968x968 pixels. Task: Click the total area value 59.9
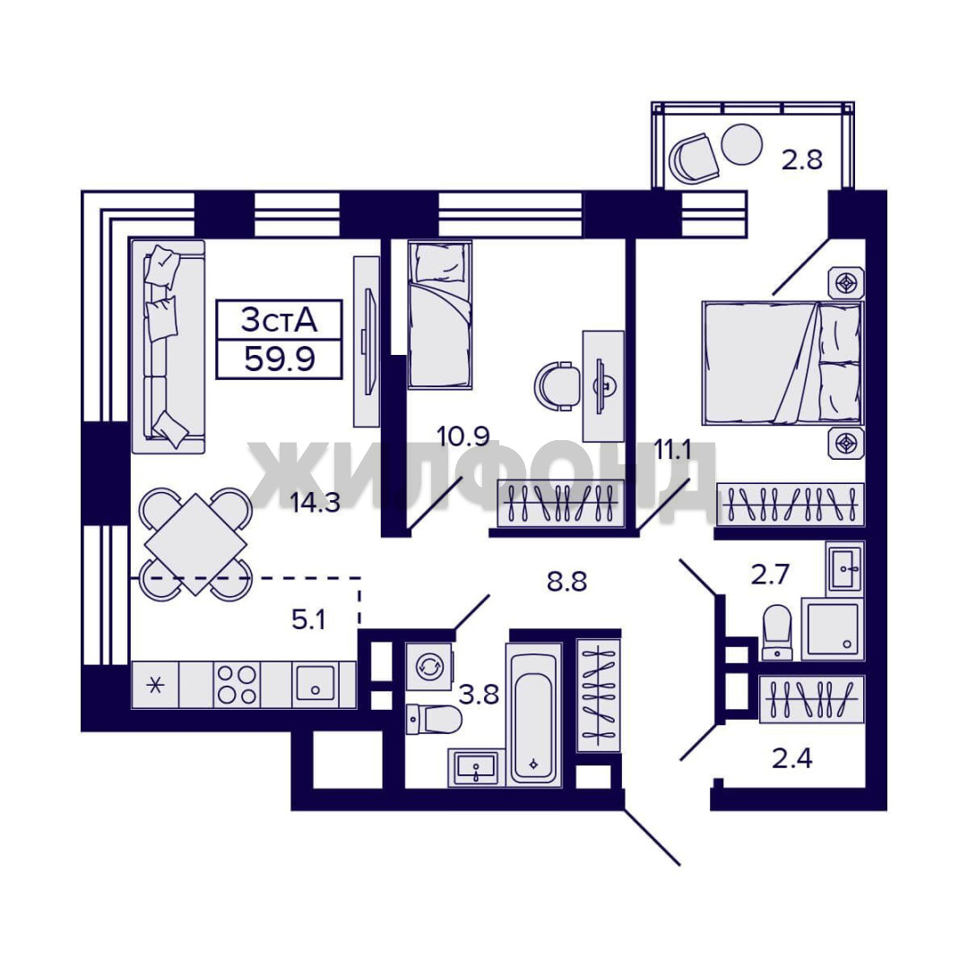280,359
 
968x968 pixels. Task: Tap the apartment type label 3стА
279,320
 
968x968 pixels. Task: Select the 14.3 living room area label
315,503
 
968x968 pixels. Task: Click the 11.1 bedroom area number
672,451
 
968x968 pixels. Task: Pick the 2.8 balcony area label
802,160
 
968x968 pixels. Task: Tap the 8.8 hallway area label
566,582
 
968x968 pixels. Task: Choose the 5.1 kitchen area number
308,619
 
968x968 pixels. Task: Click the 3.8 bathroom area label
479,696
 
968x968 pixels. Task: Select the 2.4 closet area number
792,758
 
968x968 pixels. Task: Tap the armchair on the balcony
694,158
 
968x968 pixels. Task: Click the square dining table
195,545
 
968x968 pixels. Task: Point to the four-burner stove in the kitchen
237,685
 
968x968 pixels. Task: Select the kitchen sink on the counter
315,683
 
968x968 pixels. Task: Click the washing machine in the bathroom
428,667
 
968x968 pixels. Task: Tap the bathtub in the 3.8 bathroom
534,715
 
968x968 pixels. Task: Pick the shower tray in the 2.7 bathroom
833,628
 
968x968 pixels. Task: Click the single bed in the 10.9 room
439,315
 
